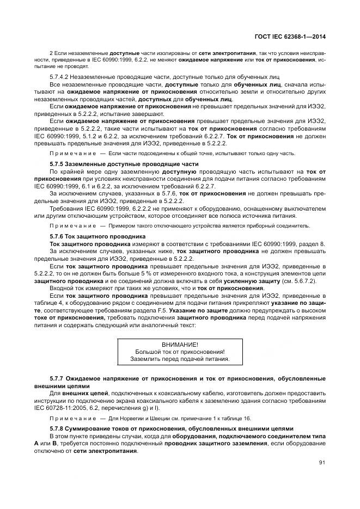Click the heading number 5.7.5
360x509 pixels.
(x=58, y=164)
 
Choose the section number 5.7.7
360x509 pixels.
(x=58, y=377)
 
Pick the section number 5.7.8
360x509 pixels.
(x=58, y=428)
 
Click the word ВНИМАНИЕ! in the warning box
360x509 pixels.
(x=180, y=345)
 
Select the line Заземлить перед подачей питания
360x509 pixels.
(x=180, y=359)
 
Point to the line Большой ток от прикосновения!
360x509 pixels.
(x=180, y=352)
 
